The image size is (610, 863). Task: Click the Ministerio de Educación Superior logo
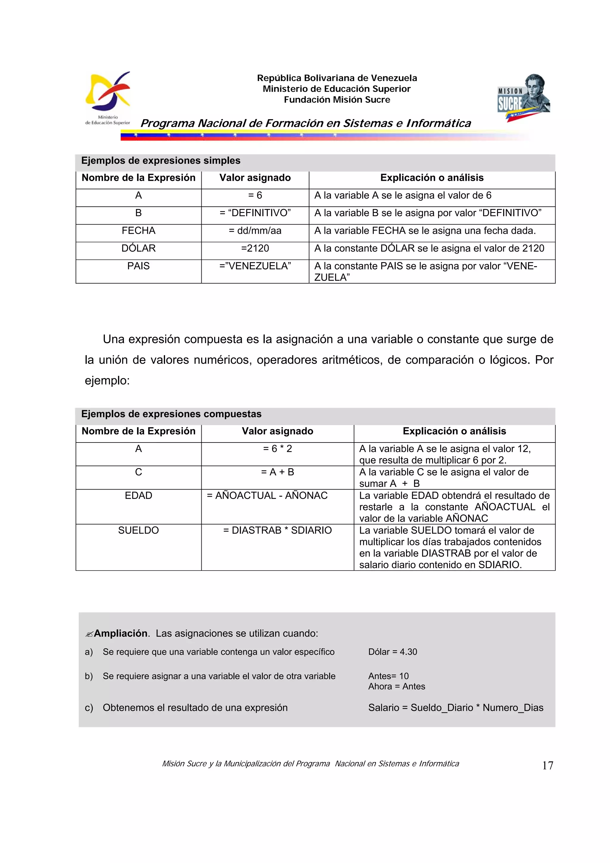pyautogui.click(x=108, y=98)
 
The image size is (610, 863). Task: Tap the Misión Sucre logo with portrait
pyautogui.click(x=524, y=98)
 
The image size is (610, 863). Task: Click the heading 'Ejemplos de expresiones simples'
pyautogui.click(x=161, y=161)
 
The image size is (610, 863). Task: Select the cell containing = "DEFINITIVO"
pyautogui.click(x=255, y=213)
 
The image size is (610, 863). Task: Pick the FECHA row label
pyautogui.click(x=138, y=231)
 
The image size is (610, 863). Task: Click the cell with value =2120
pyautogui.click(x=255, y=248)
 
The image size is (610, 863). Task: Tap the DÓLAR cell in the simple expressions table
pyautogui.click(x=138, y=248)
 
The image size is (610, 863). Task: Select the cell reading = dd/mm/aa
pyautogui.click(x=255, y=231)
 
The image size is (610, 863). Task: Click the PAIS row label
pyautogui.click(x=138, y=266)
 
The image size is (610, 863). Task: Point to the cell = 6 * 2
pyautogui.click(x=277, y=449)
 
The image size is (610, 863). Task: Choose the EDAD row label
pyautogui.click(x=138, y=496)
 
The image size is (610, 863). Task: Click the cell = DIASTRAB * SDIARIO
pyautogui.click(x=277, y=530)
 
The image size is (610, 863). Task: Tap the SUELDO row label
pyautogui.click(x=138, y=530)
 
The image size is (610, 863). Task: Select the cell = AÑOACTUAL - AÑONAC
pyautogui.click(x=267, y=496)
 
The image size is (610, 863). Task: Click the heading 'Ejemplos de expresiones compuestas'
pyautogui.click(x=171, y=414)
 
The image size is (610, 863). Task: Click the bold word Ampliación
pyautogui.click(x=120, y=633)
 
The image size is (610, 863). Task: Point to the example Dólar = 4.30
pyautogui.click(x=392, y=652)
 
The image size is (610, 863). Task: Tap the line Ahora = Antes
pyautogui.click(x=396, y=686)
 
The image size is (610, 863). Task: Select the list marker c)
pyautogui.click(x=89, y=708)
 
